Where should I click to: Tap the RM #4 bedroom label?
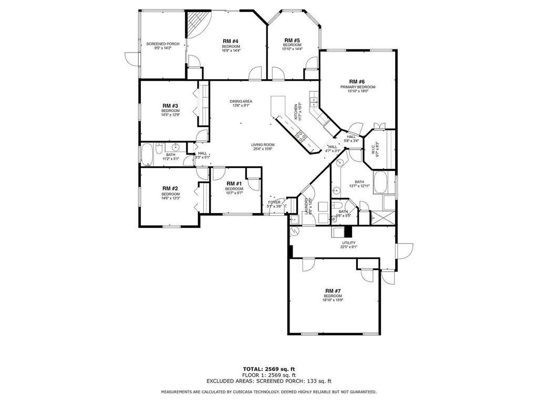tap(231, 41)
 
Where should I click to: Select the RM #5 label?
tap(292, 40)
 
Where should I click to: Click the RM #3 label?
tap(170, 105)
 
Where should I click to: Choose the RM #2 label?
tap(170, 188)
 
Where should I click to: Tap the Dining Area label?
tap(241, 101)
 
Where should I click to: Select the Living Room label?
tap(263, 145)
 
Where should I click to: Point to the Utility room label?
tap(349, 243)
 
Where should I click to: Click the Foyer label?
tap(275, 202)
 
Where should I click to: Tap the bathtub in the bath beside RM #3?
tap(146, 155)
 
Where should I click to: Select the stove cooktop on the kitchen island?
tap(302, 136)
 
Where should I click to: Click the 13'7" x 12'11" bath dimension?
tap(359, 186)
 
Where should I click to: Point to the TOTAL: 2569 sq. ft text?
tap(268, 368)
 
